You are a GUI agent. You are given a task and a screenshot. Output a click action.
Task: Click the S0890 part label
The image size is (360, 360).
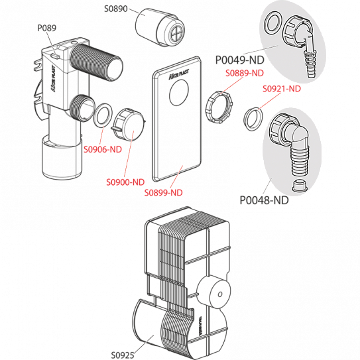tap(116, 9)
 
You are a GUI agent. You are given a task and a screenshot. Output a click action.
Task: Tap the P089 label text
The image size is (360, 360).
tap(47, 28)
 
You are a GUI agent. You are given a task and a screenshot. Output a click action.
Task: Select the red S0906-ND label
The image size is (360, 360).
tap(103, 149)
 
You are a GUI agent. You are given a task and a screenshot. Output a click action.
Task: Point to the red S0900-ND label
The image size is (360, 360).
tap(125, 182)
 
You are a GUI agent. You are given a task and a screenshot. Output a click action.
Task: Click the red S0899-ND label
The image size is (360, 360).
tap(164, 193)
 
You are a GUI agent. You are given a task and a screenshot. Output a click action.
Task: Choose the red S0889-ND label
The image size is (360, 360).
tap(245, 73)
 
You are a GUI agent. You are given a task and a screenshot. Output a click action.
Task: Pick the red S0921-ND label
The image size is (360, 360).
tap(282, 89)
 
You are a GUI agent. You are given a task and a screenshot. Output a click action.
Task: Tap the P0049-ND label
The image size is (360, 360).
tap(240, 60)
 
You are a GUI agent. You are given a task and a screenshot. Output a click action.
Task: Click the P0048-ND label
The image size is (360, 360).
tap(264, 200)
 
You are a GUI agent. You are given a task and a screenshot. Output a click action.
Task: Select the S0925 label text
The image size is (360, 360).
tap(123, 355)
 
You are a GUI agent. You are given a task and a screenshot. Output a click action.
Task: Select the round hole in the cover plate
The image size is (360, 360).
tap(179, 93)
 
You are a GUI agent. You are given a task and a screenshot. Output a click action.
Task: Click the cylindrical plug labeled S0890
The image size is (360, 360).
tap(160, 27)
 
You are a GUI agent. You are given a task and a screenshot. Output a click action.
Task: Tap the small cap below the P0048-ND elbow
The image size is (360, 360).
tap(300, 186)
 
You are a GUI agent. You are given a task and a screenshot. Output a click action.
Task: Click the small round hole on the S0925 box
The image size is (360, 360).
tap(220, 294)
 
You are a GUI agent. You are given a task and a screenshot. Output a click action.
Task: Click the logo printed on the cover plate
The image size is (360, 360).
tap(179, 74)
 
